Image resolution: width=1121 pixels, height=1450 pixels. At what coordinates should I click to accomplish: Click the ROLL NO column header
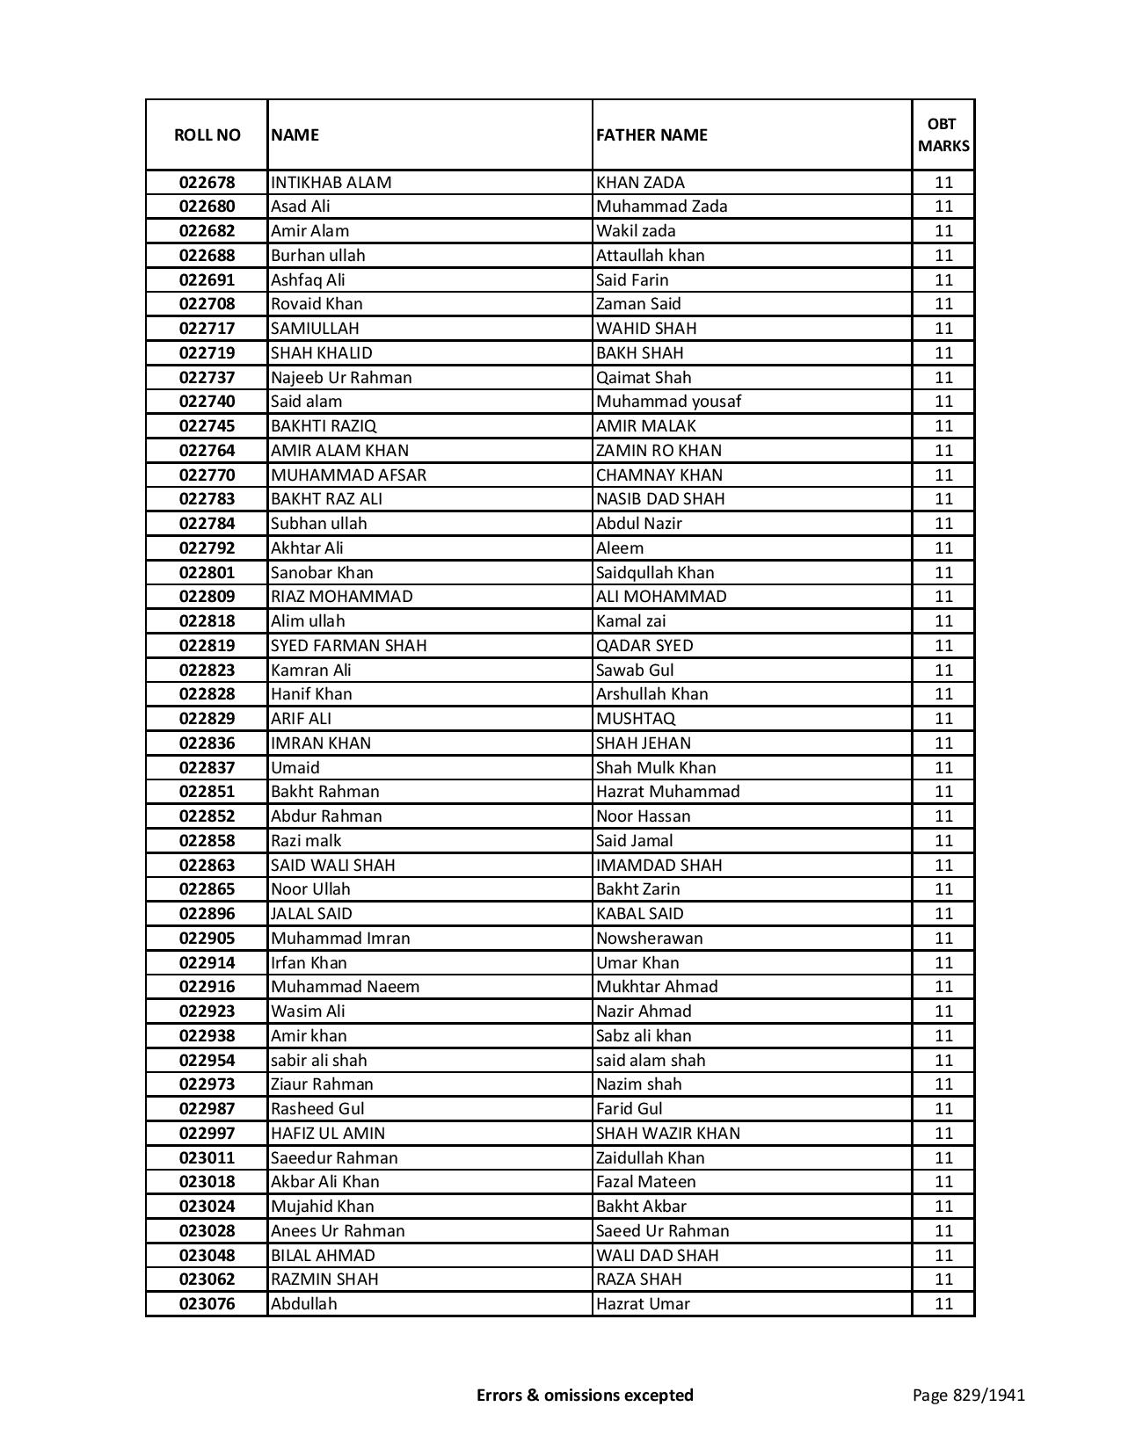pyautogui.click(x=207, y=134)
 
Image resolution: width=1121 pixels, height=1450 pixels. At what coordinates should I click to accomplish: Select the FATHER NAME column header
pyautogui.click(x=651, y=134)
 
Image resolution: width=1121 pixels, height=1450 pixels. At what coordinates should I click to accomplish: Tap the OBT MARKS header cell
pyautogui.click(x=943, y=134)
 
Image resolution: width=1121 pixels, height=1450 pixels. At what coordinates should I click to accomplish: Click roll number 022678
pyautogui.click(x=207, y=183)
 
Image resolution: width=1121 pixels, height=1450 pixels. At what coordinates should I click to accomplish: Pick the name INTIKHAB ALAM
pyautogui.click(x=331, y=183)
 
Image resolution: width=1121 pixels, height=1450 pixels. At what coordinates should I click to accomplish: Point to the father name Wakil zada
pyautogui.click(x=636, y=231)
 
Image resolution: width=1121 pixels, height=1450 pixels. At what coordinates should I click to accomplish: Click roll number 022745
pyautogui.click(x=207, y=426)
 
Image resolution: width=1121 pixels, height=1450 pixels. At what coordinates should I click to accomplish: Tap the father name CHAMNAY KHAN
pyautogui.click(x=659, y=475)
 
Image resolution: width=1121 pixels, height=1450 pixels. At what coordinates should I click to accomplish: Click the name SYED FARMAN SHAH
pyautogui.click(x=349, y=646)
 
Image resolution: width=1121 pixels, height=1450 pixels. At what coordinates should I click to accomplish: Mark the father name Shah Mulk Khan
pyautogui.click(x=656, y=768)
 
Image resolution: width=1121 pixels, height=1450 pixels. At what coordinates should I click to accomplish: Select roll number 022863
pyautogui.click(x=207, y=866)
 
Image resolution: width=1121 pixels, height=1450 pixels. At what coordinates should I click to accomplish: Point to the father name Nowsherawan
pyautogui.click(x=650, y=939)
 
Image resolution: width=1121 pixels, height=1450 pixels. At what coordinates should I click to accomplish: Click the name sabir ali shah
pyautogui.click(x=319, y=1061)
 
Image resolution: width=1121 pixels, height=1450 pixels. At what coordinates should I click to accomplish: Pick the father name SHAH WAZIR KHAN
pyautogui.click(x=668, y=1134)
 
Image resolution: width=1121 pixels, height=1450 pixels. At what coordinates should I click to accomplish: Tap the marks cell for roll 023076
pyautogui.click(x=943, y=1304)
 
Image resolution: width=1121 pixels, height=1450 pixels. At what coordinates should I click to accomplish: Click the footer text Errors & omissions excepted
pyautogui.click(x=585, y=1395)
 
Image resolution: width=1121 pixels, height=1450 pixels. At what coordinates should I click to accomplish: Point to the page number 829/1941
pyautogui.click(x=969, y=1395)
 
